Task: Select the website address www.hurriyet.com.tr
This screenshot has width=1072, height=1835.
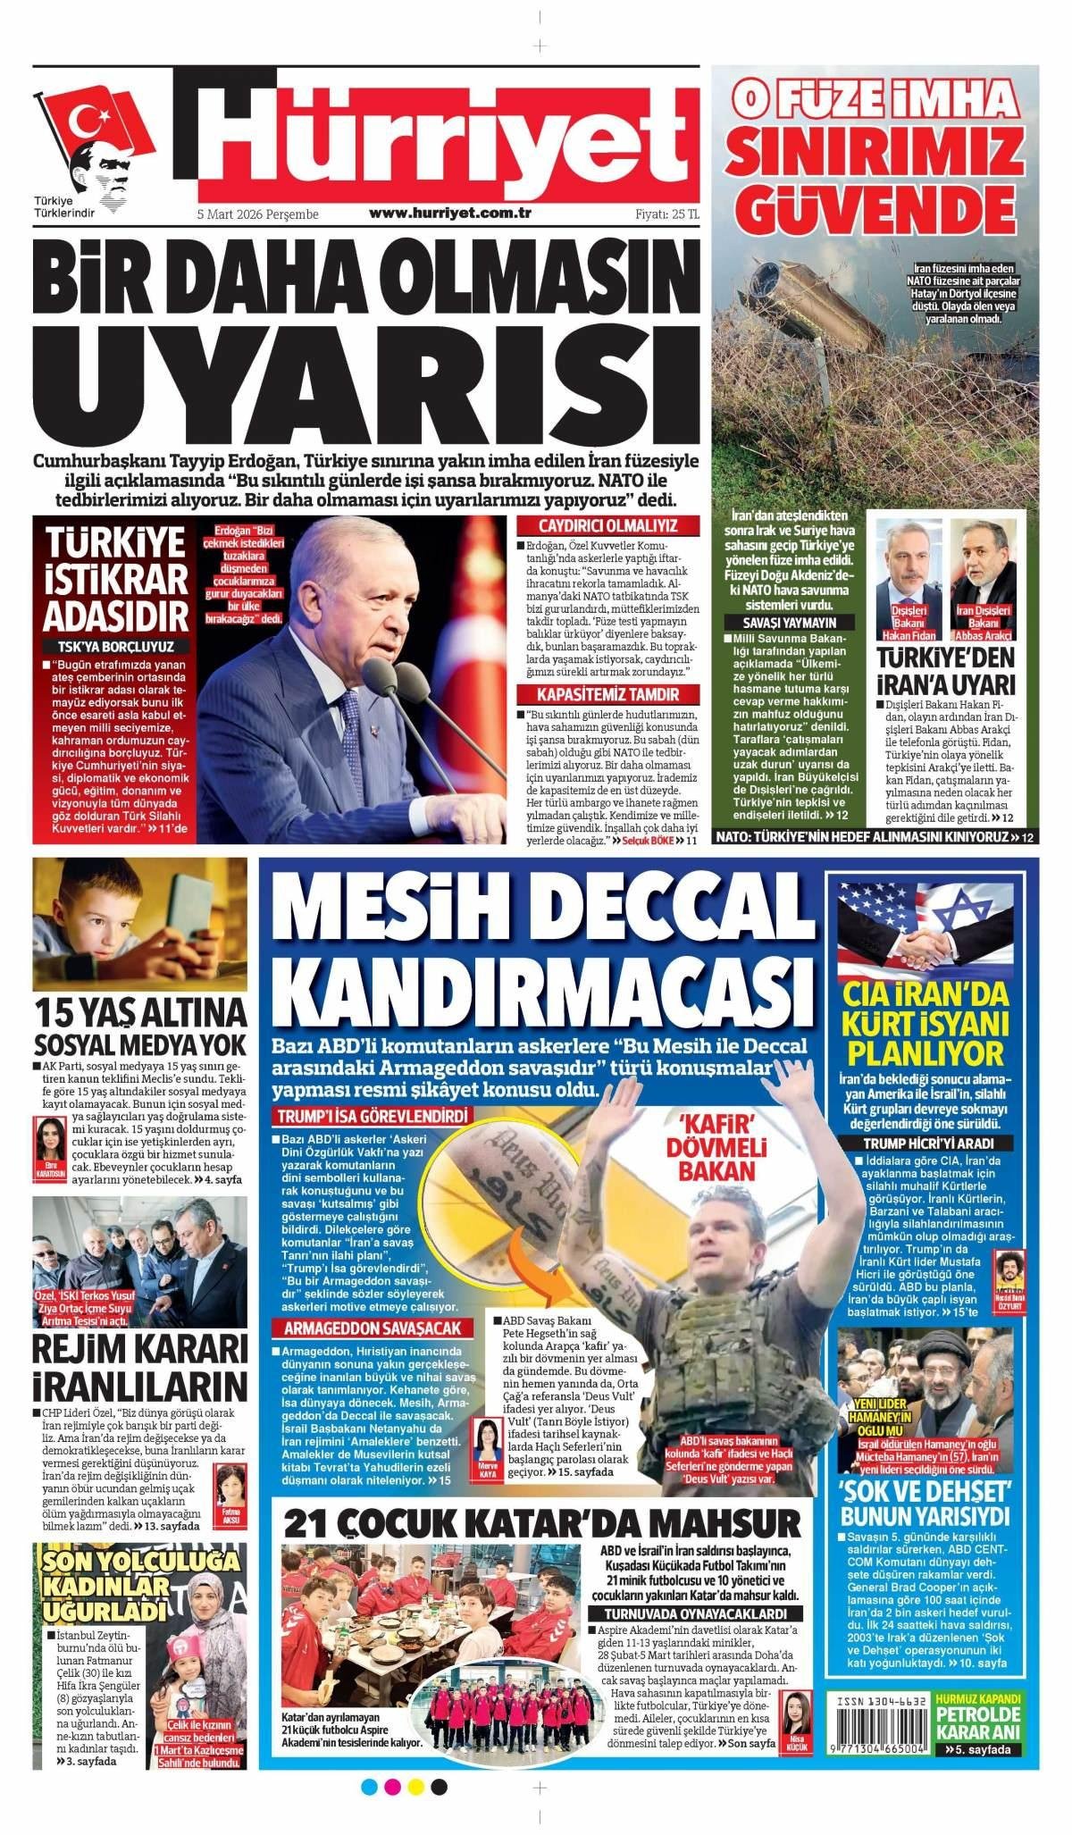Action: [x=450, y=214]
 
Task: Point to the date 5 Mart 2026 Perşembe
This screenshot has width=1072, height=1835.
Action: [x=257, y=214]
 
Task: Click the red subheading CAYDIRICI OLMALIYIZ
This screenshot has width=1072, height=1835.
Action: [x=607, y=525]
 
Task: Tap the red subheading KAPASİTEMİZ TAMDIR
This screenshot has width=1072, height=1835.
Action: [x=607, y=695]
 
